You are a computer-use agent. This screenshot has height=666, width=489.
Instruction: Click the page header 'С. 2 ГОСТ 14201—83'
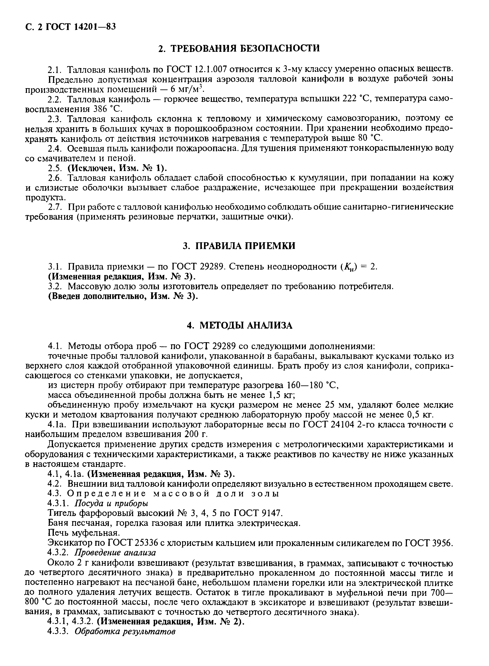tap(70, 27)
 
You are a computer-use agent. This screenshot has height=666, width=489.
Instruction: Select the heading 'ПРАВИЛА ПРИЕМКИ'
tap(245, 246)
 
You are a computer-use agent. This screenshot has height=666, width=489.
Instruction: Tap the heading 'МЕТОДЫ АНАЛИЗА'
tap(246, 326)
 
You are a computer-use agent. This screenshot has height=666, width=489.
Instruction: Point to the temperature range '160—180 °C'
tap(313, 385)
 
